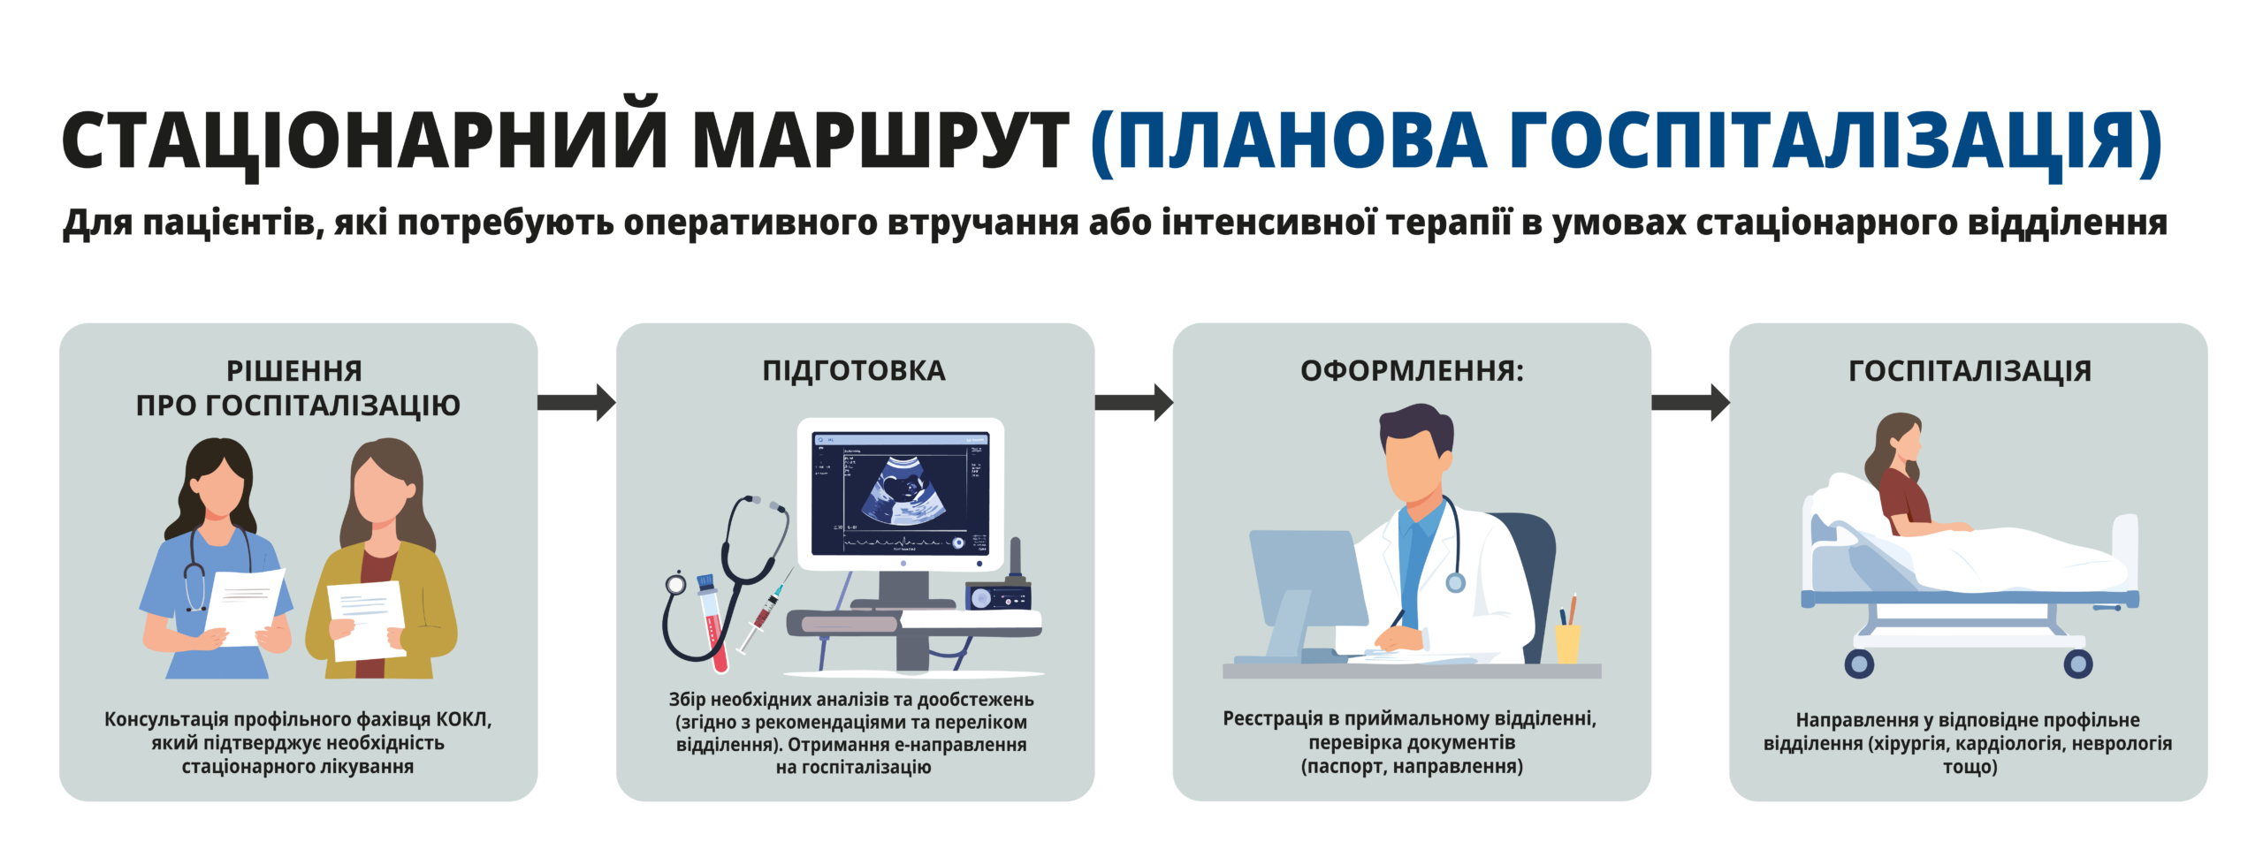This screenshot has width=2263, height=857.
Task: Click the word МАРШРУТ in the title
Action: [880, 141]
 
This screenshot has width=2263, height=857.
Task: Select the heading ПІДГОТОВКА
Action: [854, 370]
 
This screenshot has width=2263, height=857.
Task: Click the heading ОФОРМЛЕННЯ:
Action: [1412, 370]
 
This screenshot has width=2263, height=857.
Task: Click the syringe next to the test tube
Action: [764, 613]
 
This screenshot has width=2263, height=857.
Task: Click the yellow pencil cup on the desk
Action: [1567, 642]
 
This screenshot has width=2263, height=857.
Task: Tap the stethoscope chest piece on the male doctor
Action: [1455, 582]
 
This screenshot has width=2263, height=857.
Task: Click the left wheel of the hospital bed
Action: [1859, 663]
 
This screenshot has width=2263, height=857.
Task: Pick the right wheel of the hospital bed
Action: [2077, 663]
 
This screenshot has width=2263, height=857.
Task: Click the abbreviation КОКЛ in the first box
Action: [463, 719]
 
